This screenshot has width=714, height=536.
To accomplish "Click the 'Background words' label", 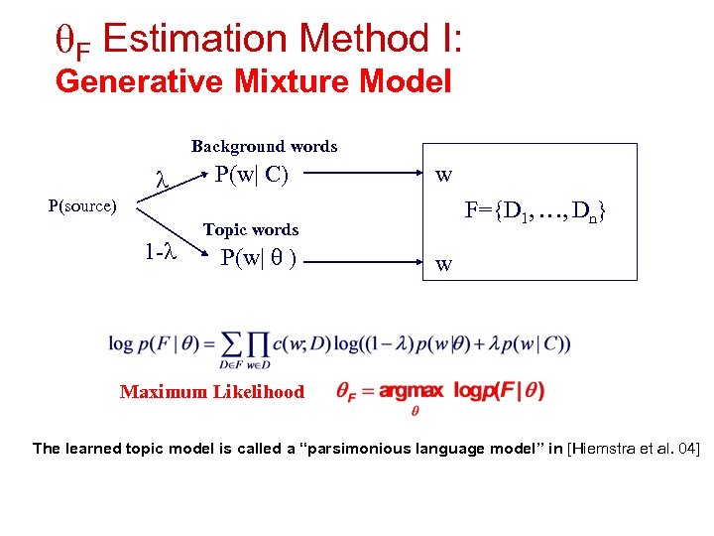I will coord(264,147).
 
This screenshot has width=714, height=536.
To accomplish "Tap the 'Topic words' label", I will coord(251,229).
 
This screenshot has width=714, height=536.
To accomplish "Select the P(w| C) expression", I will coord(252,175).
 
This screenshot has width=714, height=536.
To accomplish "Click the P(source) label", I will coord(82,206).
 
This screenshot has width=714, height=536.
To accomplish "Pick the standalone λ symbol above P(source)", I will coord(162,182).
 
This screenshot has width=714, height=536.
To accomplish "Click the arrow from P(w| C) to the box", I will coord(366,176).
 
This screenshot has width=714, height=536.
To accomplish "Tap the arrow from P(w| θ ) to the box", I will coord(366,261).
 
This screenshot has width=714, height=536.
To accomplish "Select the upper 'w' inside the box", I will coord(444,177).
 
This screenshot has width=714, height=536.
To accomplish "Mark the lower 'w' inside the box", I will coord(444,264).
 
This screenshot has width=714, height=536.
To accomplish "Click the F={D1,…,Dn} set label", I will coord(535,211).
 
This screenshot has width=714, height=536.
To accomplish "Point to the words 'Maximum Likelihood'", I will coord(212,392).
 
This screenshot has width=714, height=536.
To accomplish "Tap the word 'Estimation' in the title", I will coord(198,41).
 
